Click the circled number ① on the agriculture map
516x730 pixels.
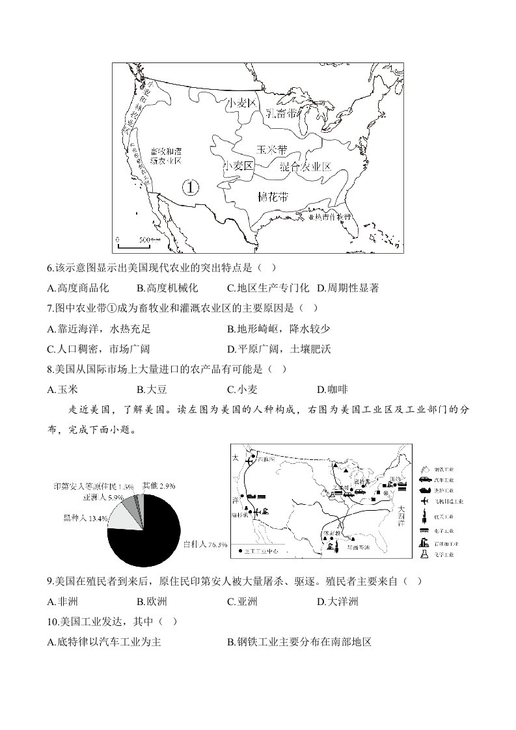189,187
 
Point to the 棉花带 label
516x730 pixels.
273,196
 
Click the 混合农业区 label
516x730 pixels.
305,167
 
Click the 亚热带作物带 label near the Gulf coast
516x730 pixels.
329,216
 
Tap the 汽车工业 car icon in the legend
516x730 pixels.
423,480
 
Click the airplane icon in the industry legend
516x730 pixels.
424,501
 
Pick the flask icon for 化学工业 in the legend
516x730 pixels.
424,554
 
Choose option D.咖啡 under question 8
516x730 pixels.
332,390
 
